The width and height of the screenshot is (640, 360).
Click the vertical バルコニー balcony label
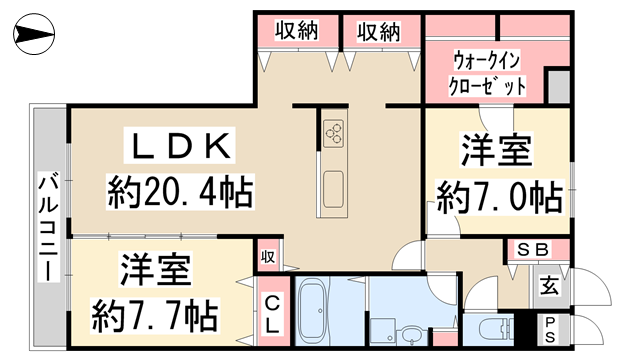[x=47, y=225]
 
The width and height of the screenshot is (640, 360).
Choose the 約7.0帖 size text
[x=496, y=198]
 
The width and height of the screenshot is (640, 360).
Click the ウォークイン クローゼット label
[x=488, y=74]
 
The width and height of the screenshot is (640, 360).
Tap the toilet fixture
[x=491, y=328]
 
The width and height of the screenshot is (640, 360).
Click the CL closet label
[x=272, y=312]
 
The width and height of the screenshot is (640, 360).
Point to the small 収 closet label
[x=268, y=255]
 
